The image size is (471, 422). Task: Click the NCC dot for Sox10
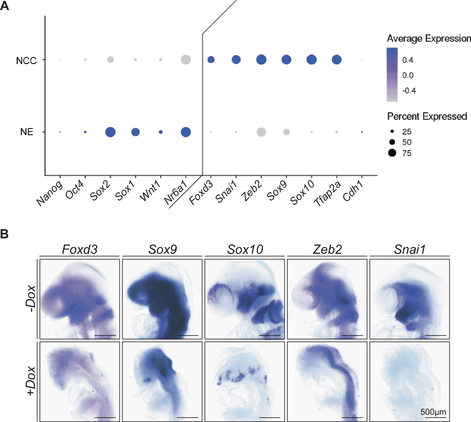point(311,59)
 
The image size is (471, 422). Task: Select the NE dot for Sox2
point(110,132)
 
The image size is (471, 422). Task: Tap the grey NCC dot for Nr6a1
point(186,59)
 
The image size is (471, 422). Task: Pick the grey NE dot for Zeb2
point(261,132)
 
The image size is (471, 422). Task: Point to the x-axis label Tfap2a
point(328,194)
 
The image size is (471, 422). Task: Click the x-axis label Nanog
point(50,195)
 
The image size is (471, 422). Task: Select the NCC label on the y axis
point(26,61)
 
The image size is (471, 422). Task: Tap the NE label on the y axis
point(27,132)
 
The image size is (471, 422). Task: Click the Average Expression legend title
point(429,38)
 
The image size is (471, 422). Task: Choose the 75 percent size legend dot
point(392,153)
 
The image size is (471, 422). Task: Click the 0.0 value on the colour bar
point(408,75)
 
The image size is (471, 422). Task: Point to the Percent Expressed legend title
point(427,116)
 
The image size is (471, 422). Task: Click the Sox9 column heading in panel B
point(162,249)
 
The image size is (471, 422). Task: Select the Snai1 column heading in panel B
point(410,249)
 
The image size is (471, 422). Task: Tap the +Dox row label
point(31,381)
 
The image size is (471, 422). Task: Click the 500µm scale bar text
point(433,412)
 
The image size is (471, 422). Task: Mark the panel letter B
point(4,234)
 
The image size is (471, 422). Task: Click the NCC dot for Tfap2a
point(337,59)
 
